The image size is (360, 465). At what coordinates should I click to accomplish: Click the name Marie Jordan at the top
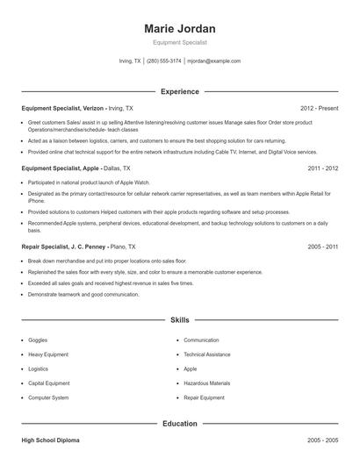[x=179, y=28]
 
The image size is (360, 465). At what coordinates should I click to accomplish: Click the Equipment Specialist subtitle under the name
[x=179, y=43]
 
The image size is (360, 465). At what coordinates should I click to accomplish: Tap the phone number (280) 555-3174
[x=163, y=61]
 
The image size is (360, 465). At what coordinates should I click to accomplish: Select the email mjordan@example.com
[x=214, y=61]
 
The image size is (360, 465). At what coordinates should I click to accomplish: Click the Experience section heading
[x=179, y=91]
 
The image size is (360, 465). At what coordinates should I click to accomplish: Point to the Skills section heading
[x=179, y=322]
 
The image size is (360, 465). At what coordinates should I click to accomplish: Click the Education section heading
[x=179, y=424]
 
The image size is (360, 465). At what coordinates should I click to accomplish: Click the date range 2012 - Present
[x=319, y=108]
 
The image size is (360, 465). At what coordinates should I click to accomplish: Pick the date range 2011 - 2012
[x=323, y=168]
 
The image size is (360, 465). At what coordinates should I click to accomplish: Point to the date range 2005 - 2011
[x=323, y=247]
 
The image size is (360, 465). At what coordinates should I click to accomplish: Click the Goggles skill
[x=39, y=340]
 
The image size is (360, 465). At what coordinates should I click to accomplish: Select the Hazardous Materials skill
[x=206, y=383]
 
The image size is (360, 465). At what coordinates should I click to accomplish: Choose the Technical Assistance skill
[x=206, y=354]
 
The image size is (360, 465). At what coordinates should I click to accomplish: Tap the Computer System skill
[x=48, y=397]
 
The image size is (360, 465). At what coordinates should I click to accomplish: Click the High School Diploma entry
[x=54, y=439]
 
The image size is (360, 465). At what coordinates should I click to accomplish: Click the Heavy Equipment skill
[x=49, y=354]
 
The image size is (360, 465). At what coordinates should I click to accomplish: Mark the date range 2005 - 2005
[x=323, y=439]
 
